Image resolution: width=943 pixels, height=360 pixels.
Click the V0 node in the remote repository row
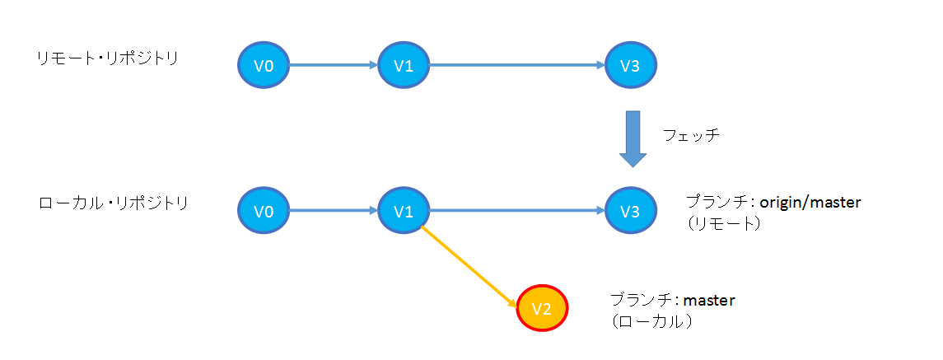tap(264, 66)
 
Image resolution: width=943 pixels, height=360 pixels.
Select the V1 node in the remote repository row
tap(404, 66)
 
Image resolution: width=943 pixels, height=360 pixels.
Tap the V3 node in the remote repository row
tap(631, 66)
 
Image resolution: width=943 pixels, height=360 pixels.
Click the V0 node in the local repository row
tap(264, 212)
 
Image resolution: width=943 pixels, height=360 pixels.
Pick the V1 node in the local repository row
tap(404, 212)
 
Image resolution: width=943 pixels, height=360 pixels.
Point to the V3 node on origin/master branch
tap(631, 212)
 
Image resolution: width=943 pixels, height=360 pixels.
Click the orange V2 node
tap(542, 309)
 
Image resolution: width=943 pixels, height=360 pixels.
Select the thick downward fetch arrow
tap(633, 138)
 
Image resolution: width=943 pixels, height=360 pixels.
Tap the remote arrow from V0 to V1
tap(334, 66)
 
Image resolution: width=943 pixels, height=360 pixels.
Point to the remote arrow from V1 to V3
tap(517, 66)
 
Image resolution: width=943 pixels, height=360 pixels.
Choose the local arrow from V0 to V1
tap(334, 212)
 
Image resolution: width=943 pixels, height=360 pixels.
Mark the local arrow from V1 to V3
tap(517, 212)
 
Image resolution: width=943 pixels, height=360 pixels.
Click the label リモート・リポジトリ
tap(107, 59)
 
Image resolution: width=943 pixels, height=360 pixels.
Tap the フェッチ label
tap(692, 136)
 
